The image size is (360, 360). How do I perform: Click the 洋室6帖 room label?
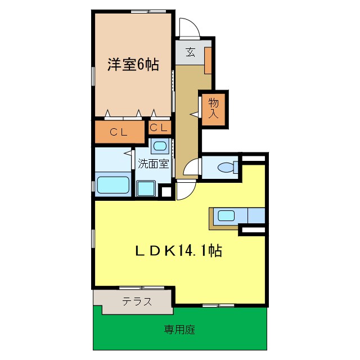133,65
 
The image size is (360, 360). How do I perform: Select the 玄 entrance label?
191,53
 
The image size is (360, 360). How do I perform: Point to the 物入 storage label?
214,108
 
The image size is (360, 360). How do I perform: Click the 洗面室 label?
154,164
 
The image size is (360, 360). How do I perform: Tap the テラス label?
137,301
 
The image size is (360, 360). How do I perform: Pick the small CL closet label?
159,128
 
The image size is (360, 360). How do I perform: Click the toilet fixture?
226,168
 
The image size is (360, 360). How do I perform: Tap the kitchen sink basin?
227,215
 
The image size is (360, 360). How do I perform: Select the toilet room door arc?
193,168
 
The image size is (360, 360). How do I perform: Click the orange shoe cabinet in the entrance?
208,61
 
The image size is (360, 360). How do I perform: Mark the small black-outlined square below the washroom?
166,192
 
